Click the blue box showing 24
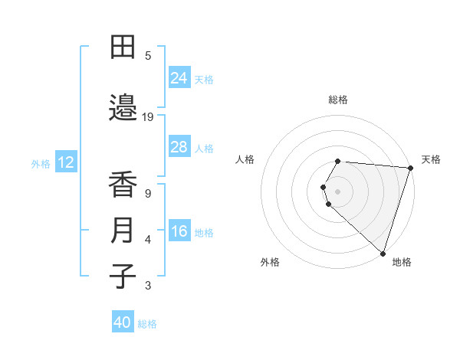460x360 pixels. coord(179,77)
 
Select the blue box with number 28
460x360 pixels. coord(179,147)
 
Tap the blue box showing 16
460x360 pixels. coord(179,232)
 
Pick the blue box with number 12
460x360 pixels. coord(66,162)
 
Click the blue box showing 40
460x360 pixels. coord(123,322)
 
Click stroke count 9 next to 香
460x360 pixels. coord(148,193)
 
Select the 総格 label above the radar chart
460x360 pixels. coord(338,100)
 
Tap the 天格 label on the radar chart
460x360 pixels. coord(431,159)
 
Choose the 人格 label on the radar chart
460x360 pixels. coord(245,159)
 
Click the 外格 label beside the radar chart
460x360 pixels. coord(270,262)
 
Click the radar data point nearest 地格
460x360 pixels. coord(383,253)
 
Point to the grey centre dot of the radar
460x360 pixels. coord(338,191)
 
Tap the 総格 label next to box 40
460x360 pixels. coord(147,323)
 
